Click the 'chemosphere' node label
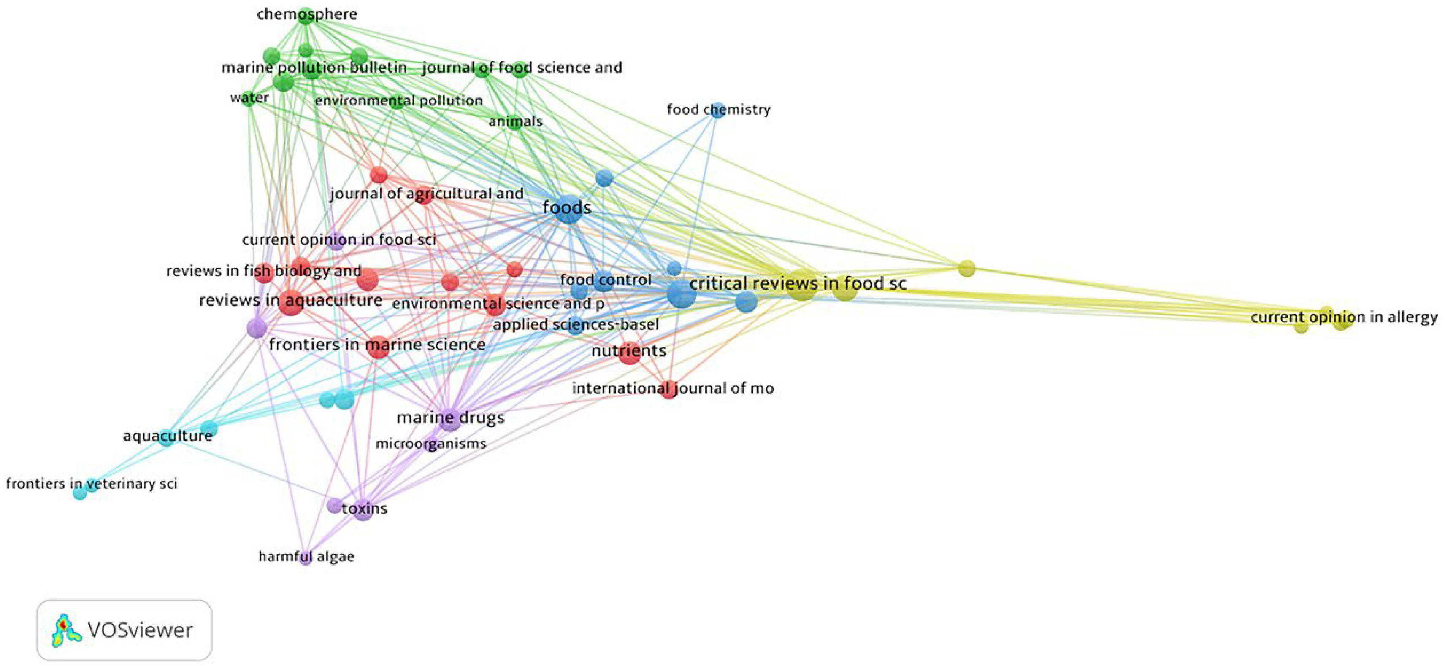coord(307,14)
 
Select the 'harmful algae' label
coord(306,557)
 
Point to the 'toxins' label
coord(365,508)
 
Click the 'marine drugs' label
coord(450,417)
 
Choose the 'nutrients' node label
coord(629,351)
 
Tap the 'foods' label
coord(566,208)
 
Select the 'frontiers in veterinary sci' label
coord(92,484)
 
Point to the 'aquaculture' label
coord(168,436)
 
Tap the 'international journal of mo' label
coord(673,388)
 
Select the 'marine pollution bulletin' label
coord(314,68)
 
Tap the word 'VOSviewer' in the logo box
coord(140,630)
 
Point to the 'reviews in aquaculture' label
coord(291,300)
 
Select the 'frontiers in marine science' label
coord(377,345)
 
